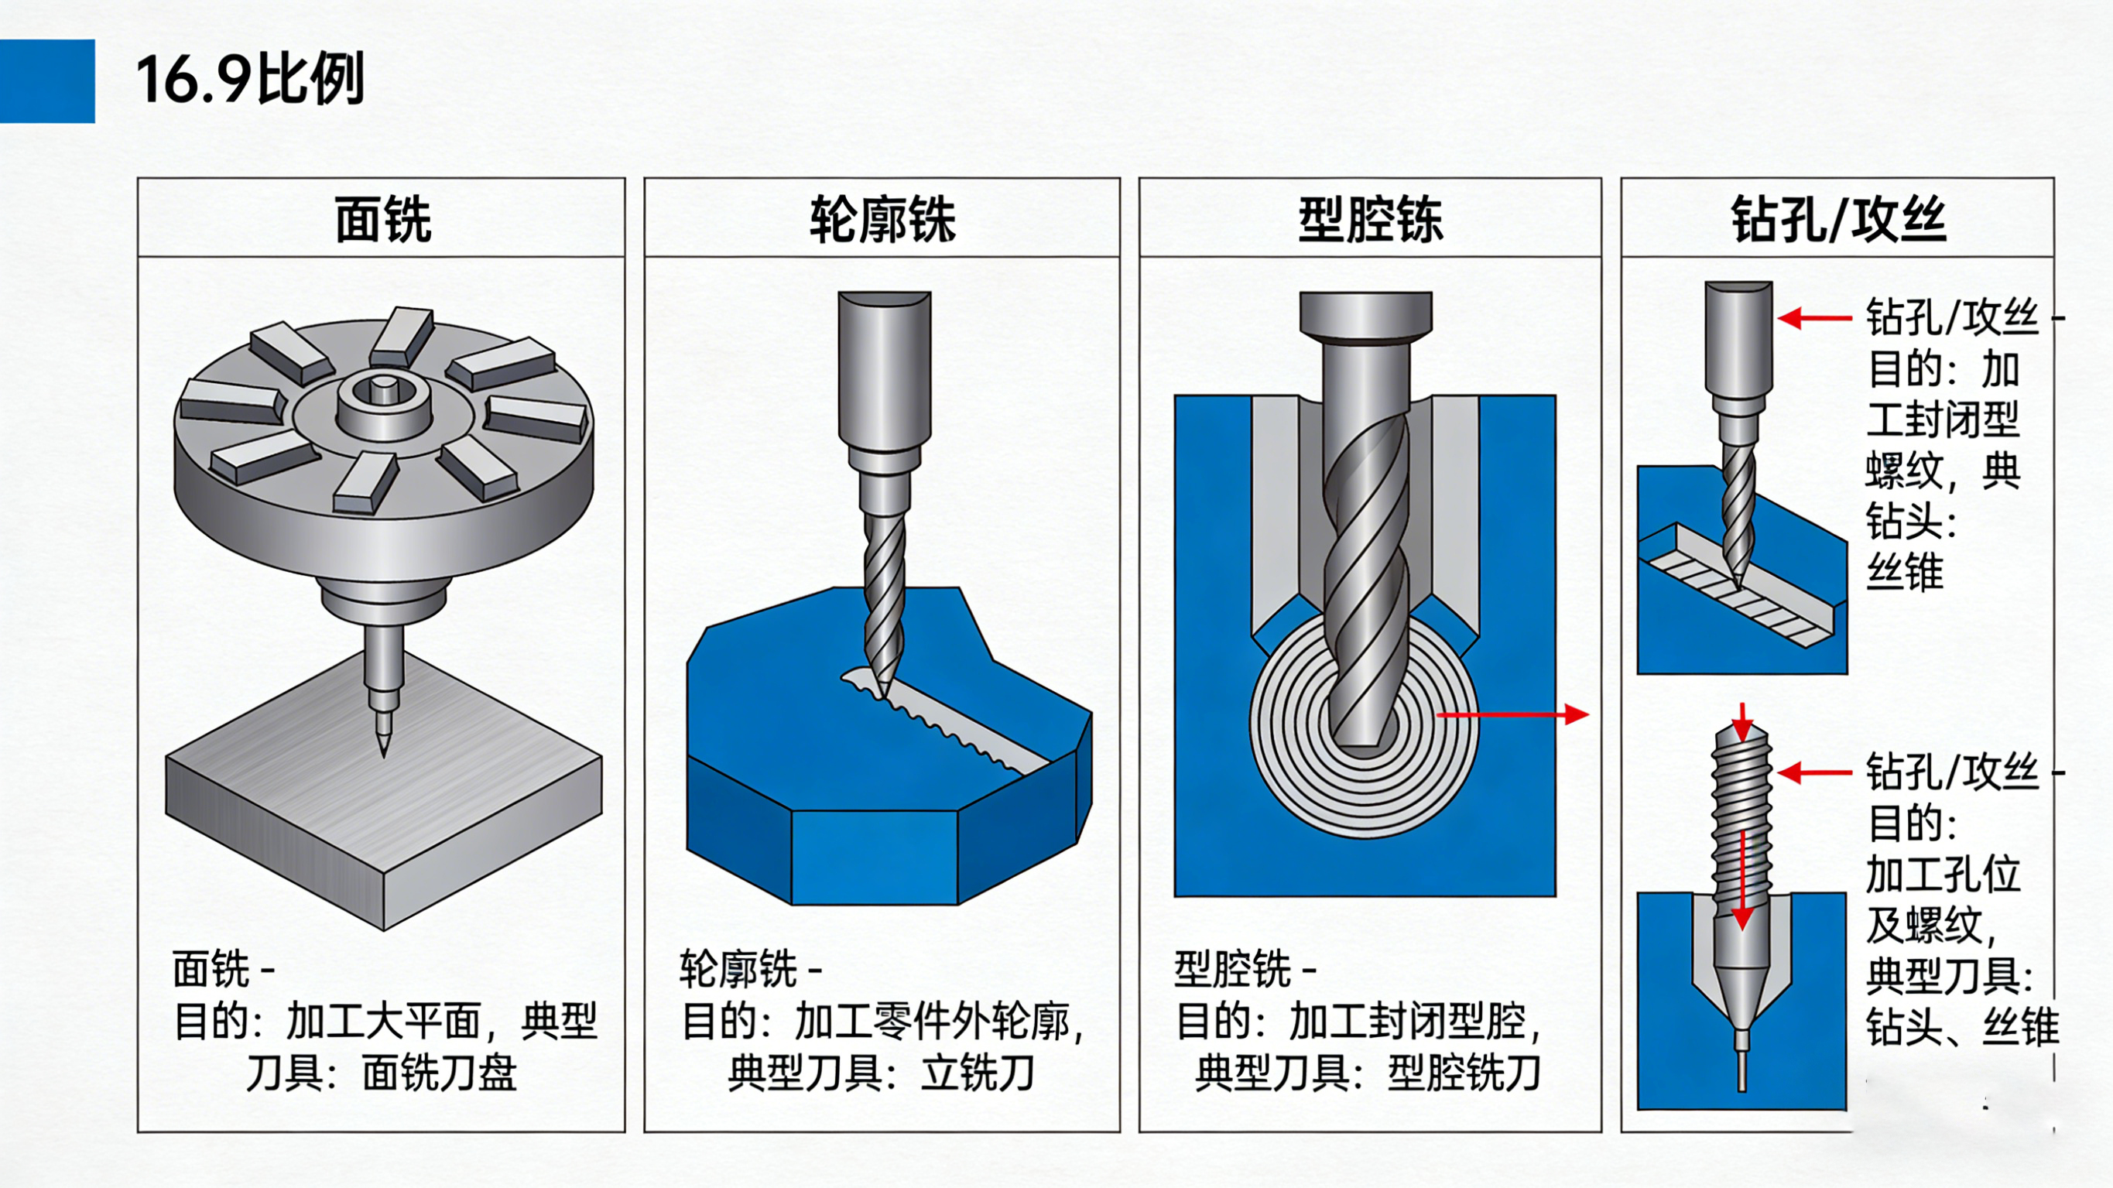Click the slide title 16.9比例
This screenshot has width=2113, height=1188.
250,80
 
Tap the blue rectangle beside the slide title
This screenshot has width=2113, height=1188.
47,81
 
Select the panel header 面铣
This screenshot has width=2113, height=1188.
382,219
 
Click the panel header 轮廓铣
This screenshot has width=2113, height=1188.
882,219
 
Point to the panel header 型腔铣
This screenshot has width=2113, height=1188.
1370,219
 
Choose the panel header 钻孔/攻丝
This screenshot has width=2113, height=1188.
1838,219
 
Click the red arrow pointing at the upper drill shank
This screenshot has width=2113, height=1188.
1813,318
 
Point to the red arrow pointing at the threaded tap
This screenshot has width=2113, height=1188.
1813,773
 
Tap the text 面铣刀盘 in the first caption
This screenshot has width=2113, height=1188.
440,1073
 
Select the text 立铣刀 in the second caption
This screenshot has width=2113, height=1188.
977,1073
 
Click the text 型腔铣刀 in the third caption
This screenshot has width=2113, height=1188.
1464,1073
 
